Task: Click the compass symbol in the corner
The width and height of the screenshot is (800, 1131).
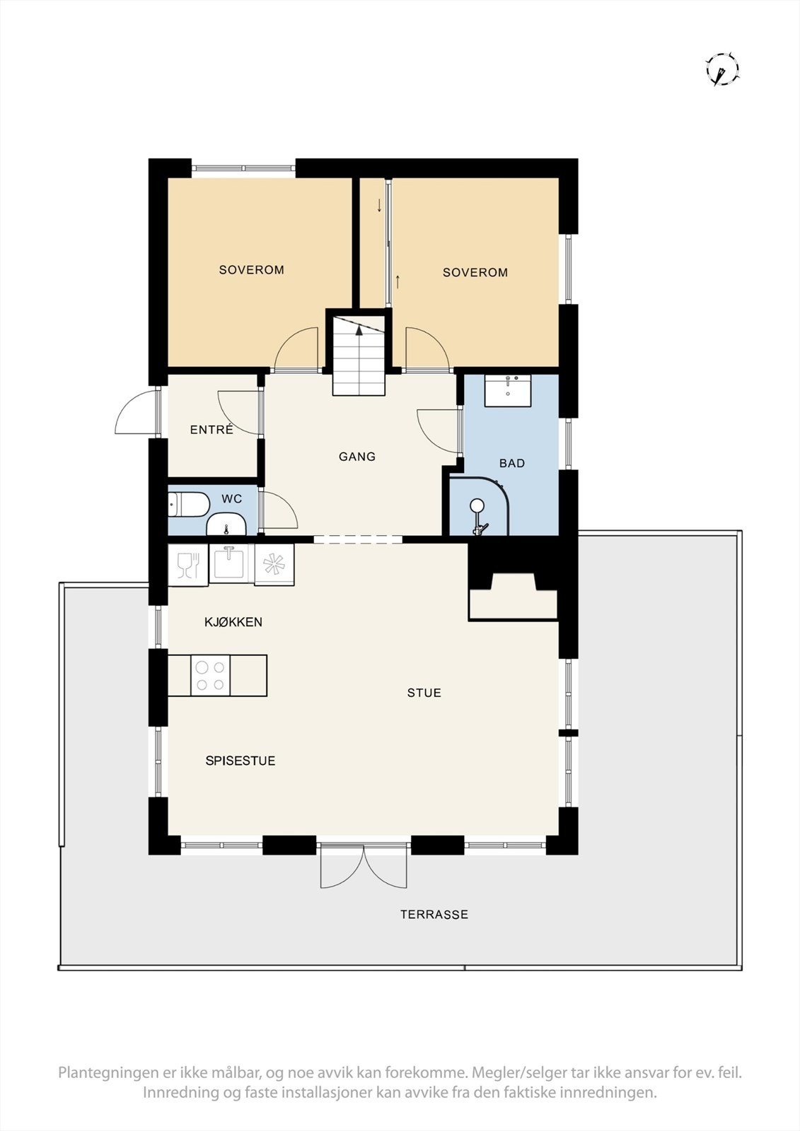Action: (x=722, y=69)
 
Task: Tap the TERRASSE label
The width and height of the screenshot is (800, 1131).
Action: (x=434, y=914)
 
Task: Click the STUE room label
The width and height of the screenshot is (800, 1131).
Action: (x=424, y=693)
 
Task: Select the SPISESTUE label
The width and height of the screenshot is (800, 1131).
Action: (x=240, y=761)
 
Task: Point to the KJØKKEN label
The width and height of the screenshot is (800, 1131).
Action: (x=233, y=622)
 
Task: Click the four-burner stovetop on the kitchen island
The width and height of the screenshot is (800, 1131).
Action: (x=210, y=675)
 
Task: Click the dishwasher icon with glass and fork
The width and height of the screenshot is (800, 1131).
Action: (x=188, y=565)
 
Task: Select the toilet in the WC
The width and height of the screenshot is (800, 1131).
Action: (x=187, y=505)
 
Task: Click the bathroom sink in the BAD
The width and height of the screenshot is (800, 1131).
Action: (x=507, y=390)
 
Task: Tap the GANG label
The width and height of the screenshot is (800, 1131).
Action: (x=356, y=457)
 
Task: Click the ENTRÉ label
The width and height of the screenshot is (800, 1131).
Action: (x=211, y=429)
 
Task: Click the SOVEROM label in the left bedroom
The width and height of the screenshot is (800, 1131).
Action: (x=251, y=269)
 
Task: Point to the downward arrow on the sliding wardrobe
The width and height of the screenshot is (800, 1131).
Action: (x=380, y=206)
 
